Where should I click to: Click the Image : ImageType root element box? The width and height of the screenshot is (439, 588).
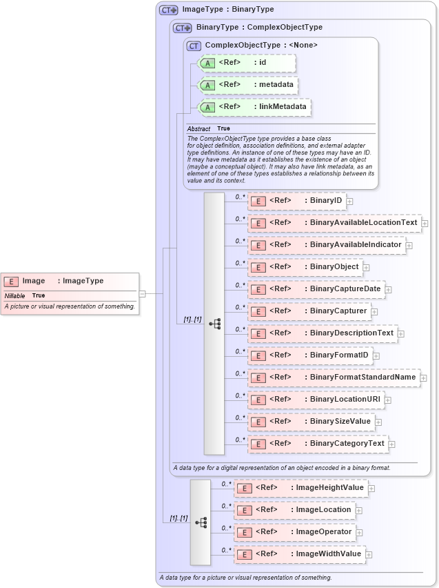pyautogui.click(x=70, y=281)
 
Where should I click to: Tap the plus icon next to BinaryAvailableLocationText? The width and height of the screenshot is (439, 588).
pyautogui.click(x=425, y=223)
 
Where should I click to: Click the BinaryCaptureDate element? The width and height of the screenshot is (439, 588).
pyautogui.click(x=316, y=289)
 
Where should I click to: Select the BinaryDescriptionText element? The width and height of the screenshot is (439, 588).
pyautogui.click(x=322, y=333)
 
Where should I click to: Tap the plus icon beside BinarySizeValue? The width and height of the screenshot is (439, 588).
pyautogui.click(x=378, y=422)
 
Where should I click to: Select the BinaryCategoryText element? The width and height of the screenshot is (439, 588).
pyautogui.click(x=318, y=444)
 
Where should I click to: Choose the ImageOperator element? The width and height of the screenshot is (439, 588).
pyautogui.click(x=294, y=532)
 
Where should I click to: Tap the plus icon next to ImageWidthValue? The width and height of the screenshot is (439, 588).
pyautogui.click(x=369, y=554)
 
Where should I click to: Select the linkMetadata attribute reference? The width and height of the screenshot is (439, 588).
pyautogui.click(x=254, y=107)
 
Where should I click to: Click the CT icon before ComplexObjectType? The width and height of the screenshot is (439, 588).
pyautogui.click(x=194, y=46)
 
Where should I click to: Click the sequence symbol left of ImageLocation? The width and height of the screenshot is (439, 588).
pyautogui.click(x=201, y=522)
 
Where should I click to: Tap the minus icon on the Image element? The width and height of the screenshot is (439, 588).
pyautogui.click(x=142, y=293)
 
